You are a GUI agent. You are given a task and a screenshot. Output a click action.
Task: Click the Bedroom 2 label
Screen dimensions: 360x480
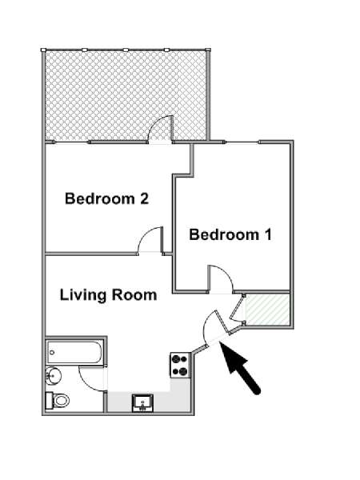coord(107,198)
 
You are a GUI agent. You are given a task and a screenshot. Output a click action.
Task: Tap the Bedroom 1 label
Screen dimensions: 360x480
coord(230,234)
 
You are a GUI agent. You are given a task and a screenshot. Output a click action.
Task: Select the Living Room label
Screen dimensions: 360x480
coord(108,295)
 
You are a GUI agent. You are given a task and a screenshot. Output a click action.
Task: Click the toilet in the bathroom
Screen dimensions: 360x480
coord(58,401)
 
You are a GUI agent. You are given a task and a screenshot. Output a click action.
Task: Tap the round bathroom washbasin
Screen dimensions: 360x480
coord(54,375)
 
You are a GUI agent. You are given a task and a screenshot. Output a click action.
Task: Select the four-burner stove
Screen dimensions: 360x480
coord(180,366)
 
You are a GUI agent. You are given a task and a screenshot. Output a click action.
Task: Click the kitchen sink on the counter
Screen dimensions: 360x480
coord(142,402)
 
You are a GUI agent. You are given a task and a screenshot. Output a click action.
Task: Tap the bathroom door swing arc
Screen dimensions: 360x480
coord(92,378)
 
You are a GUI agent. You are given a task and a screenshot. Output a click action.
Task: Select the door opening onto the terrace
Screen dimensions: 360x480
coord(161,129)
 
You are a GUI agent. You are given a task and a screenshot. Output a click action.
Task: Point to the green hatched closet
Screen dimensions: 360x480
coord(267,309)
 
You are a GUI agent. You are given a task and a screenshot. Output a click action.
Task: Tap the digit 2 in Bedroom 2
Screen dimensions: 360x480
coord(144,198)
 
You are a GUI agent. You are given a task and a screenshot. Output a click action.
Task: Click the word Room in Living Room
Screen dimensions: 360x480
coord(134,295)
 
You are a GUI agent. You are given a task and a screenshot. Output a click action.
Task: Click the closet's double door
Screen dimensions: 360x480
coord(238,309)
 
